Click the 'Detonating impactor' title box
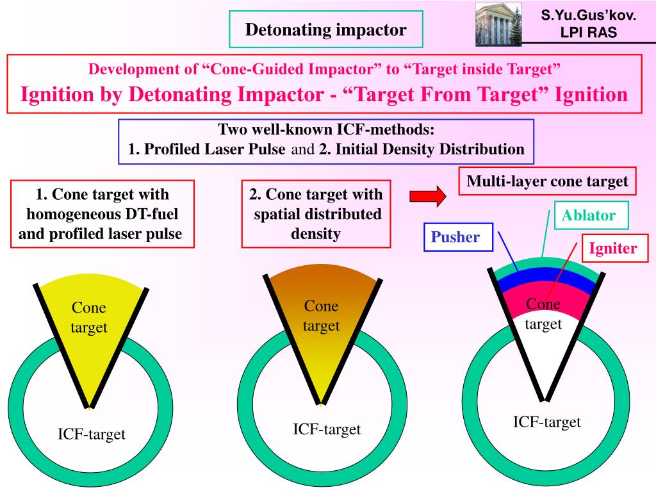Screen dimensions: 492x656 326,29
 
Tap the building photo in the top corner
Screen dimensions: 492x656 498,24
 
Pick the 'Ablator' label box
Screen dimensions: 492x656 588,216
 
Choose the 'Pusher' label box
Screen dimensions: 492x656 455,237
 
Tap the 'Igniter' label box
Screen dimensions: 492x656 613,248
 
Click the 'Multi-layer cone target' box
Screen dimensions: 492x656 547,181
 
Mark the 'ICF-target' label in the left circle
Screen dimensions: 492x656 92,435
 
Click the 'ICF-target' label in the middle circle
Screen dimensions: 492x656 327,429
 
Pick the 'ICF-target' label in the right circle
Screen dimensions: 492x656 546,422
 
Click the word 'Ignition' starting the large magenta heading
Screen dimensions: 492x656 57,95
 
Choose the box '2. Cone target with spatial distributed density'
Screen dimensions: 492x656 316,214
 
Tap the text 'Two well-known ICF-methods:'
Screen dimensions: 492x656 326,130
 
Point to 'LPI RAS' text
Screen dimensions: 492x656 588,32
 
